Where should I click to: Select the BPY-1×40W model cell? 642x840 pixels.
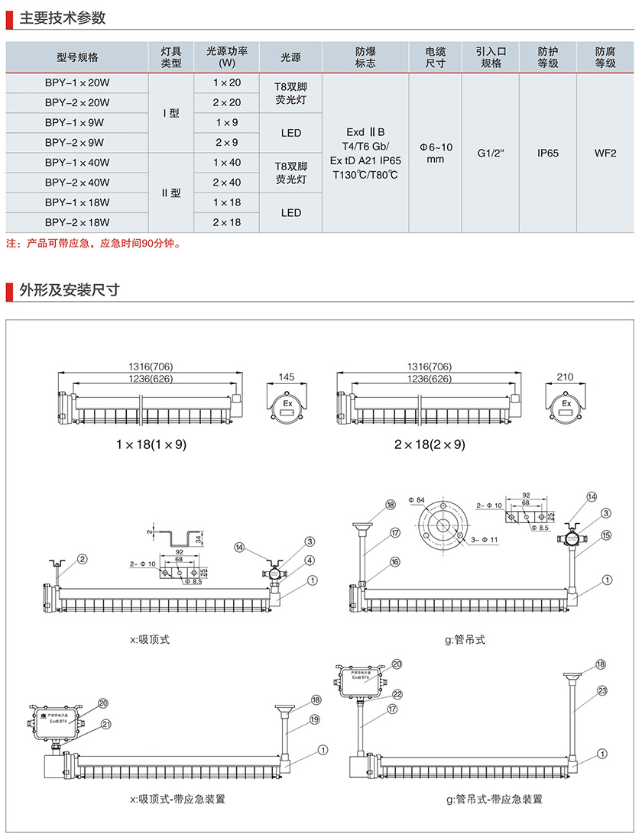point(77,163)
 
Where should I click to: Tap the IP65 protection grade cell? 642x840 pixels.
point(548,153)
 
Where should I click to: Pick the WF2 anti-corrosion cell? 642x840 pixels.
point(605,153)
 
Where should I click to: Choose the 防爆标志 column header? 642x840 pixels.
point(365,57)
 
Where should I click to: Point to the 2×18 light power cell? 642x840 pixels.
point(227,222)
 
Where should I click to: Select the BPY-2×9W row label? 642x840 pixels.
point(77,143)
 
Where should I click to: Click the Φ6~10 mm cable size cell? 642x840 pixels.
point(436,153)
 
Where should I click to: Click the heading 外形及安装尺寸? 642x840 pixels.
point(68,290)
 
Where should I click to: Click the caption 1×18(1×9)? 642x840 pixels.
point(151,444)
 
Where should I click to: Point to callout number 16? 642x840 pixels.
point(394,561)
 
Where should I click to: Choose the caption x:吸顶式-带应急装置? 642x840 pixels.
point(177,799)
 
